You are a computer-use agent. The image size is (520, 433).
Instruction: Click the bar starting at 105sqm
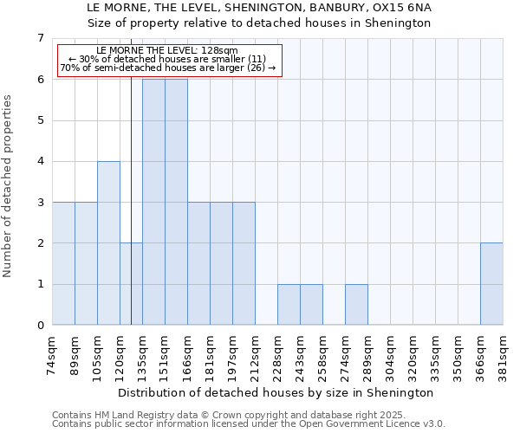point(108,243)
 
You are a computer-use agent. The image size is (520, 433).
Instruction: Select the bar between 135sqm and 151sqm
point(153,202)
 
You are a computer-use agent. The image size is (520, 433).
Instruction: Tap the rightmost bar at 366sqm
point(491,284)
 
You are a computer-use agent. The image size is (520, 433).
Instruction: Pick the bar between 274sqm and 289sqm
point(356,305)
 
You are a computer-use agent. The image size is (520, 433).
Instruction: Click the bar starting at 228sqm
point(289,305)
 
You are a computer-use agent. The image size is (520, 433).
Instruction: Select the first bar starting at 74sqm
point(63,263)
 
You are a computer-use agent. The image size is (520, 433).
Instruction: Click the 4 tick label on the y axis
point(39,161)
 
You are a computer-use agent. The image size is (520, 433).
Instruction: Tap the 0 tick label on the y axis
point(39,326)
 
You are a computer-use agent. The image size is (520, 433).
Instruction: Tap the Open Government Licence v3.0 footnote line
point(248,424)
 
